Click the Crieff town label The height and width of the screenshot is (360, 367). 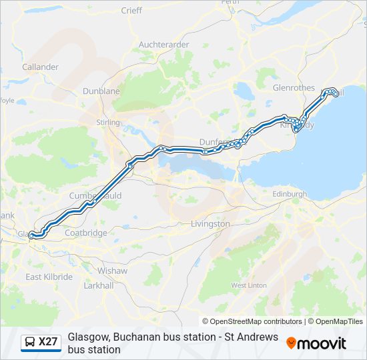[x=131, y=10]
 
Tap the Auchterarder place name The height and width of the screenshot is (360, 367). [x=163, y=45]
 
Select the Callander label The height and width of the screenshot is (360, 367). [x=40, y=67]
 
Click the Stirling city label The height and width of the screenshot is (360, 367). [x=107, y=123]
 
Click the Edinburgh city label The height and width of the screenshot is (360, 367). [x=290, y=194]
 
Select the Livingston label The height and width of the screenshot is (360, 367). [x=210, y=224]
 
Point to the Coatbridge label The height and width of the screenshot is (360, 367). [x=86, y=233]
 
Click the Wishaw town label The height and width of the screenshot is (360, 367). [x=112, y=271]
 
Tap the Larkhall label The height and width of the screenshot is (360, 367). [x=99, y=285]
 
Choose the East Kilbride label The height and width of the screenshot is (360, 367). [x=49, y=277]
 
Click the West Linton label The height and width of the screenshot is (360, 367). [x=249, y=285]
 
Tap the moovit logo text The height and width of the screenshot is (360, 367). [x=322, y=343]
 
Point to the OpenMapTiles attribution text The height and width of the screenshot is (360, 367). [x=340, y=321]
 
